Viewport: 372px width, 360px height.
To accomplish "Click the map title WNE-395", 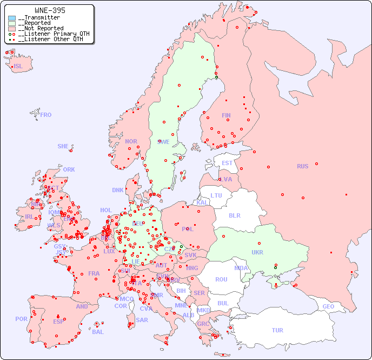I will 50,10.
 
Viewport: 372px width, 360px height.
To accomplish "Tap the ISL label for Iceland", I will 18,67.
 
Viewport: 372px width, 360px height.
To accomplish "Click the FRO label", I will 46,115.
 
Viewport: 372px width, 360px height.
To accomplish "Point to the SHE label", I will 63,146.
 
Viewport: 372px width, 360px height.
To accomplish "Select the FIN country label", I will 226,115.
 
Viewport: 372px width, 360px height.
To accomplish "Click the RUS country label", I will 302,166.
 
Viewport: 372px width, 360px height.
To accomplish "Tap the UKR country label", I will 257,252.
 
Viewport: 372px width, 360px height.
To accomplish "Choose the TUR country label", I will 277,330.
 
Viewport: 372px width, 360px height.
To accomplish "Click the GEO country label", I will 328,306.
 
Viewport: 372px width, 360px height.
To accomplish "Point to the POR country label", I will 21,319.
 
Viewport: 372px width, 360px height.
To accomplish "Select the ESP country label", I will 58,321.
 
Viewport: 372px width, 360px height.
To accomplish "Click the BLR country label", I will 234,215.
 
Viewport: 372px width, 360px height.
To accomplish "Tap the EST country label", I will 227,163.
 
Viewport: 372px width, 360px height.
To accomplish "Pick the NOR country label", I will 131,141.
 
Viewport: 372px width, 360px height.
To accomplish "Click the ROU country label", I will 221,279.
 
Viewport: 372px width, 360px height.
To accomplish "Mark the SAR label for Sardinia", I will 142,320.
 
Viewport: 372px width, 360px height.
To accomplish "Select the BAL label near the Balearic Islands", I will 98,332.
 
